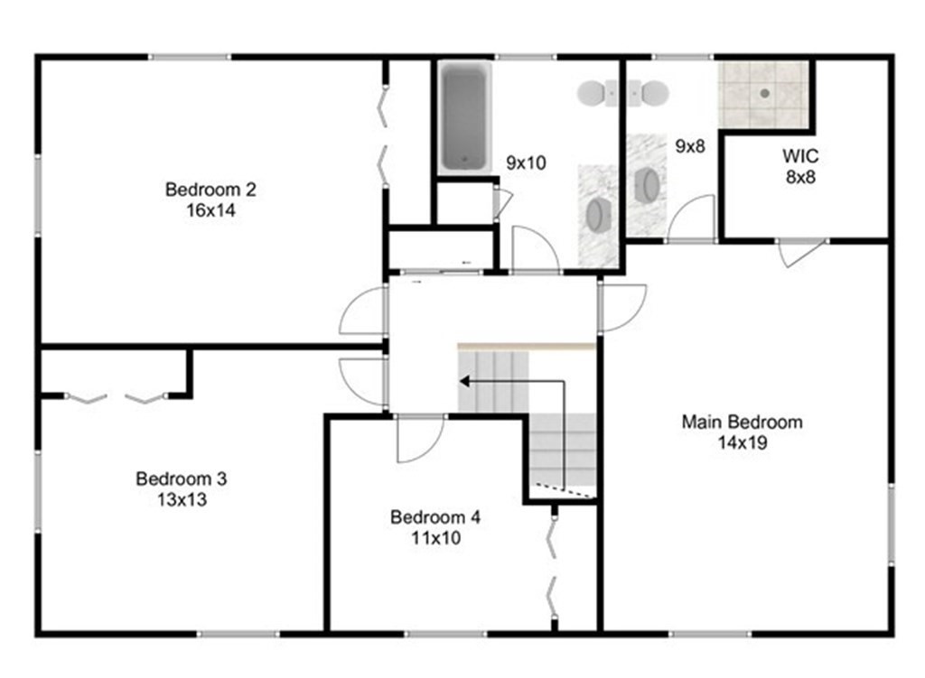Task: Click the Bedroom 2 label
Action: click(210, 190)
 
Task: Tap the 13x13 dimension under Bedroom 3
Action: click(182, 500)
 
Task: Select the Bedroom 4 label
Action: click(435, 517)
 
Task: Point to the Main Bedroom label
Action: click(743, 423)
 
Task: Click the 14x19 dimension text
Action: click(743, 442)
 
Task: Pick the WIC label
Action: click(800, 156)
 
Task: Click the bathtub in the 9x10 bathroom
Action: click(465, 117)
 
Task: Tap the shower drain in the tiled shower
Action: click(765, 93)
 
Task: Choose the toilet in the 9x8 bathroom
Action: click(648, 93)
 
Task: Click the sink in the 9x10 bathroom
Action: click(599, 213)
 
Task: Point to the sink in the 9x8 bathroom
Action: click(647, 185)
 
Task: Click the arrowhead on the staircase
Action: click(465, 382)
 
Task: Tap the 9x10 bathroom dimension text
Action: click(526, 163)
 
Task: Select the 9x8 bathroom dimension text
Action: click(689, 145)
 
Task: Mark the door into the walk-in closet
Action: click(801, 253)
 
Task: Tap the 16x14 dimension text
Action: click(210, 210)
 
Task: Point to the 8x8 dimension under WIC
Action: click(800, 177)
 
